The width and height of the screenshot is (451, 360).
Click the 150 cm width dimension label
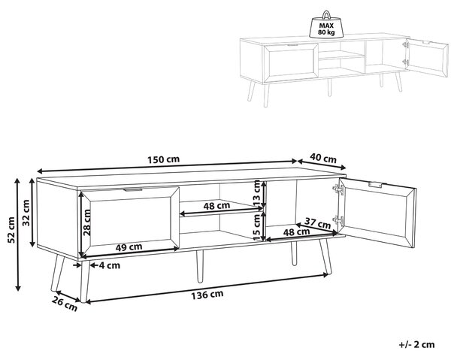(x=163, y=159)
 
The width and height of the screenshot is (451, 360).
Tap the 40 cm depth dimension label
(x=323, y=158)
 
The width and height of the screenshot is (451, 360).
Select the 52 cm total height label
(x=11, y=230)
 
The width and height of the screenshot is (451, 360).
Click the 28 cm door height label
(x=86, y=222)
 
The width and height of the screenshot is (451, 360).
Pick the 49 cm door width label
(x=129, y=247)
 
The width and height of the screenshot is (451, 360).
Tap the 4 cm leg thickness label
(x=109, y=265)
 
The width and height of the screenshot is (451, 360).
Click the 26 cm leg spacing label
(x=65, y=304)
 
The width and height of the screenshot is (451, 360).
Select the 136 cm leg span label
(x=207, y=295)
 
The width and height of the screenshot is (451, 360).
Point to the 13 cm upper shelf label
(x=257, y=193)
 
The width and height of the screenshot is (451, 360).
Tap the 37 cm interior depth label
(x=317, y=223)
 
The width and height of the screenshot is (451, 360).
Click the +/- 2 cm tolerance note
(x=416, y=344)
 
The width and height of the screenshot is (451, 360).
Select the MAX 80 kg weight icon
(x=326, y=25)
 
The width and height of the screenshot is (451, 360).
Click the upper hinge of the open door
(x=338, y=189)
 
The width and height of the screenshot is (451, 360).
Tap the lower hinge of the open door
(x=338, y=220)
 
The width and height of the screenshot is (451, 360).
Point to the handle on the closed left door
(x=132, y=190)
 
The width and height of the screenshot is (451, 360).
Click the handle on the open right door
(x=375, y=185)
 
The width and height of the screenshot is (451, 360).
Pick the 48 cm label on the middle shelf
(x=216, y=206)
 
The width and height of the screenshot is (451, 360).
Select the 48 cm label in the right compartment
(x=297, y=231)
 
